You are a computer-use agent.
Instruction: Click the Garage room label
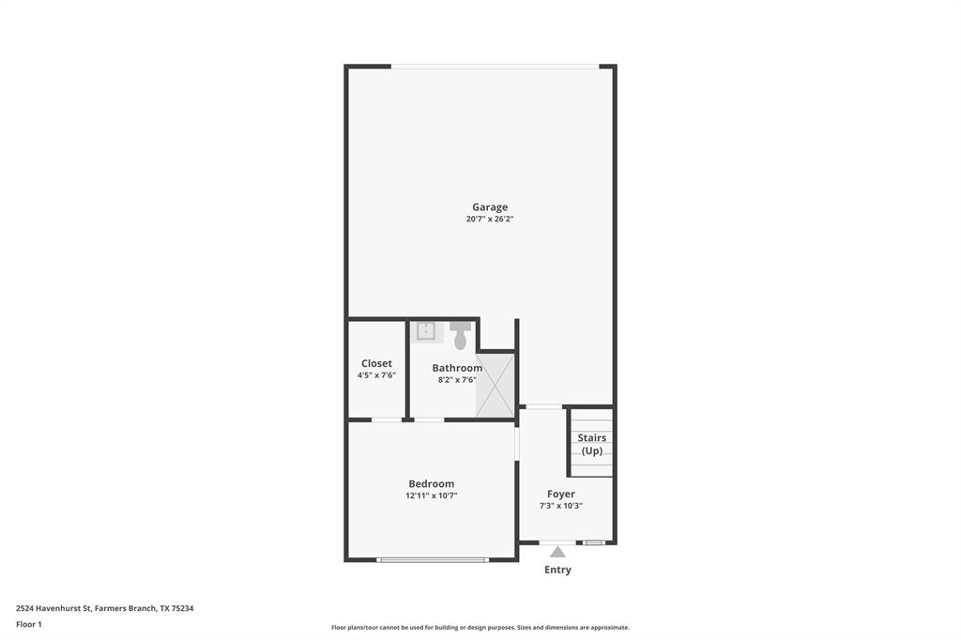(x=490, y=207)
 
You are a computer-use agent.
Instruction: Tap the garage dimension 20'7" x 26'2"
(x=490, y=220)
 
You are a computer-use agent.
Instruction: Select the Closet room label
(x=376, y=363)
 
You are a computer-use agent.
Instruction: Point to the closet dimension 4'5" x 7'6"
(x=376, y=375)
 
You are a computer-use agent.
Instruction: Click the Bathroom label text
(x=457, y=368)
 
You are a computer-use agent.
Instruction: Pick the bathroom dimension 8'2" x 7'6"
(x=457, y=380)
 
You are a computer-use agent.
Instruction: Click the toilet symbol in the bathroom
(x=460, y=334)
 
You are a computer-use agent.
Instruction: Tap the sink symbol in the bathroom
(x=426, y=330)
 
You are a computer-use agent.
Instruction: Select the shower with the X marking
(x=495, y=385)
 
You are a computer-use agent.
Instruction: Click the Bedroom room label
(x=431, y=484)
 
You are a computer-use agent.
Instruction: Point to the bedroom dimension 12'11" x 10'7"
(x=431, y=496)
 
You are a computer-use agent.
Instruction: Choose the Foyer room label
(x=561, y=494)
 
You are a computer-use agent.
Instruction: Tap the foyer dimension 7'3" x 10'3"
(x=561, y=506)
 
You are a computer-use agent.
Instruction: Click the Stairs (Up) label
(x=591, y=444)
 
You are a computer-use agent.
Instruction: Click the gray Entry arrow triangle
(x=557, y=552)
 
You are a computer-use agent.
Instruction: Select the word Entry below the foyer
(x=557, y=570)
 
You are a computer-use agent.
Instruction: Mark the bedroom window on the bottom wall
(x=433, y=560)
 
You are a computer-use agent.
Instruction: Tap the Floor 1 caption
(x=29, y=624)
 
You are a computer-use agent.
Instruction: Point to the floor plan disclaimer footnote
(x=480, y=628)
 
